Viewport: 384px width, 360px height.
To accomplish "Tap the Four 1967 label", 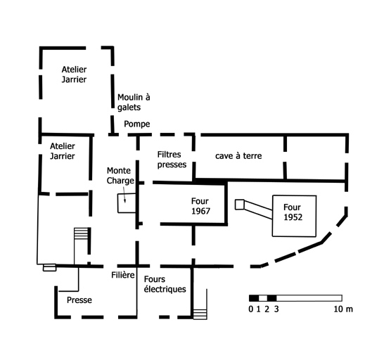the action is click(x=200, y=206).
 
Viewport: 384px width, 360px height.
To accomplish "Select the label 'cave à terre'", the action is click(x=238, y=156).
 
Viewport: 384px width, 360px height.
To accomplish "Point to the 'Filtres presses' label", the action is click(x=172, y=160).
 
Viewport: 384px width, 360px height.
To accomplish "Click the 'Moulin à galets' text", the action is click(x=134, y=102).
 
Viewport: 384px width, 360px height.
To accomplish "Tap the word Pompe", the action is click(x=137, y=124).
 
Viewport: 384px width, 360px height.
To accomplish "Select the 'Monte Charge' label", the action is click(x=120, y=176).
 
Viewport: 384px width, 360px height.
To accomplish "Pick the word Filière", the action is click(x=123, y=275).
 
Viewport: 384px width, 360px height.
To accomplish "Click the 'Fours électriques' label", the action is click(x=165, y=284).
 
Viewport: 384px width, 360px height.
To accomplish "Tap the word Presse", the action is click(x=79, y=300).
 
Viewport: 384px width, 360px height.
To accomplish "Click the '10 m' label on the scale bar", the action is click(x=343, y=309).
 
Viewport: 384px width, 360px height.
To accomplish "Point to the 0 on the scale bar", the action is click(x=251, y=309).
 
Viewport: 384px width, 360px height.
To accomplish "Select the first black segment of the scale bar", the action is click(x=254, y=298).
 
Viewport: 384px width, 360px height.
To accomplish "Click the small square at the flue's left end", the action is click(x=240, y=205).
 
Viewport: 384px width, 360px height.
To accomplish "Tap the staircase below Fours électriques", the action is click(x=200, y=314).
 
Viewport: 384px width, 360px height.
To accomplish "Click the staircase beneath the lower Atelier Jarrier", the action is click(x=81, y=233).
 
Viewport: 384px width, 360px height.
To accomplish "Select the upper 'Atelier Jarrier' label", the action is click(x=74, y=75).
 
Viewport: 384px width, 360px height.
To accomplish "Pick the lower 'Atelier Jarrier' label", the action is click(x=63, y=151).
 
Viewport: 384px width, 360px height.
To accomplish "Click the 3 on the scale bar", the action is click(x=276, y=309).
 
